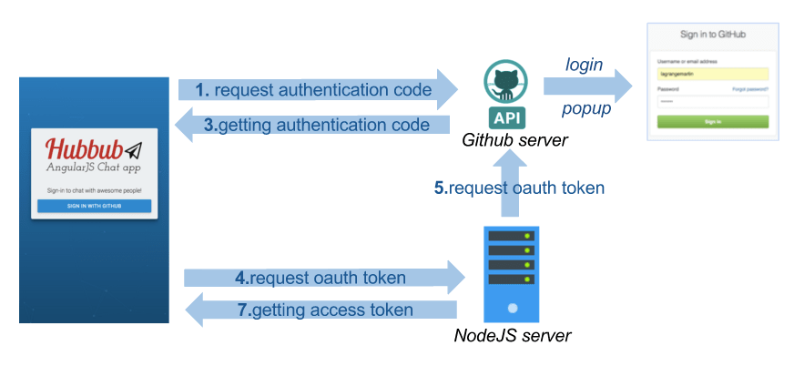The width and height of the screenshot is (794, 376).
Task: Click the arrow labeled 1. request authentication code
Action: pos(319,90)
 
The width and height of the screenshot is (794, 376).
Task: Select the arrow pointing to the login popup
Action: pos(587,86)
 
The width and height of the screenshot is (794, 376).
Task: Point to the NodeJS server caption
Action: pos(512,337)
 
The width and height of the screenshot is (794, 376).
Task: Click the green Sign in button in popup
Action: pos(712,121)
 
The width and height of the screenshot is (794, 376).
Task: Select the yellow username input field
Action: pos(712,75)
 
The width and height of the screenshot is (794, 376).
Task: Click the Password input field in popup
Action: pos(712,101)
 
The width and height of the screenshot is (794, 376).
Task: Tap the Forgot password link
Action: pos(750,89)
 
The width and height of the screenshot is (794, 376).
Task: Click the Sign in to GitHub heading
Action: pos(712,35)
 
